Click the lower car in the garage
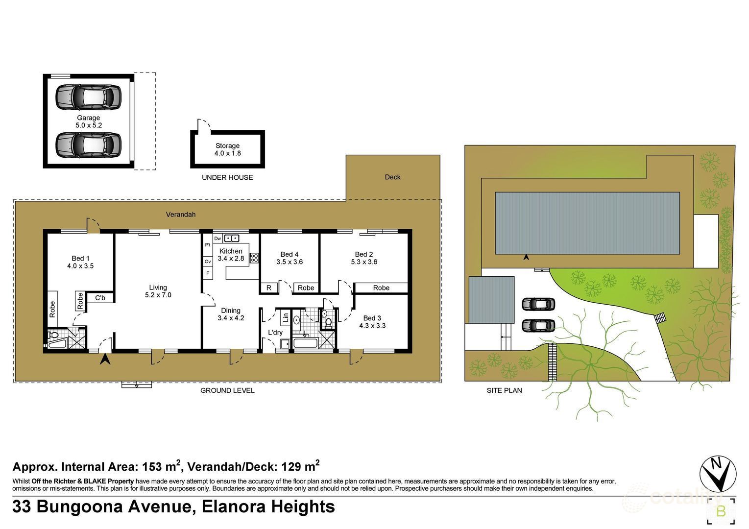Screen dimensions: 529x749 [88, 144]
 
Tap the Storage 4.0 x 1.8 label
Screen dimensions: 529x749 [227, 149]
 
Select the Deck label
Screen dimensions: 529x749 [392, 177]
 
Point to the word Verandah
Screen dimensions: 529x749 [180, 214]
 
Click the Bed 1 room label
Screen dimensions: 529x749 [80, 262]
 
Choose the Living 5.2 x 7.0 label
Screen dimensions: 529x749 [158, 291]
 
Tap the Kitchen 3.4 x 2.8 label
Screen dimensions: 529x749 [231, 255]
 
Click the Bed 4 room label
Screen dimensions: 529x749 [290, 258]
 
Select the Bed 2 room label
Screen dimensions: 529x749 [364, 258]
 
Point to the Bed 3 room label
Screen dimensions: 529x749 [372, 321]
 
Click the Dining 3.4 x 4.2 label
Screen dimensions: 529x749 [231, 314]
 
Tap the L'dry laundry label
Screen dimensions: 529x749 [275, 333]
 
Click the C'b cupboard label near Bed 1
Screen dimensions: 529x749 [100, 297]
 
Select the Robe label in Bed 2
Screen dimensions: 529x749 [381, 288]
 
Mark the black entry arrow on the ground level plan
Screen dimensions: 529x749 [105, 360]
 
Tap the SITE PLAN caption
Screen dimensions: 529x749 [504, 390]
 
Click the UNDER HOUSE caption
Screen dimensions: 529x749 [227, 177]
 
